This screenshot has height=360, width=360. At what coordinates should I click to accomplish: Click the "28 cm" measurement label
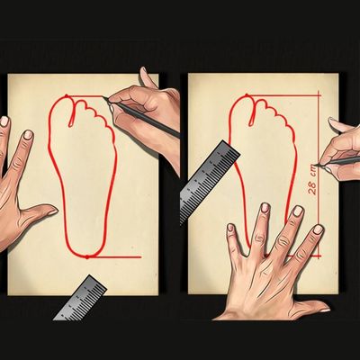pos(312,184)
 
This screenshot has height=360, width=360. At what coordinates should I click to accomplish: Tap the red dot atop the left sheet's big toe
pos(67,96)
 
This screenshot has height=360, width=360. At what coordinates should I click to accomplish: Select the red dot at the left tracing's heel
pos(87,256)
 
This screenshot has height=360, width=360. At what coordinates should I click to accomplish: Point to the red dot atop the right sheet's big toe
pos(247,95)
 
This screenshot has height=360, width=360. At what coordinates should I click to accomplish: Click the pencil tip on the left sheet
pos(103,97)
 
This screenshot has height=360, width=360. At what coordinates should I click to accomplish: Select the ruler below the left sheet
pos(80,298)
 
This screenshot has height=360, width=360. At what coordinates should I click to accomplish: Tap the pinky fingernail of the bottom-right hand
pos(230,228)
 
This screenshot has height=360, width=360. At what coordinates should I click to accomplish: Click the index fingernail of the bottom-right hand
pos(318,229)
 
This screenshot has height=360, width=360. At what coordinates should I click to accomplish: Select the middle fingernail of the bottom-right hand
pos(297,211)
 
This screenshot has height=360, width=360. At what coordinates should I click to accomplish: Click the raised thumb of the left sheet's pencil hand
pos(148,78)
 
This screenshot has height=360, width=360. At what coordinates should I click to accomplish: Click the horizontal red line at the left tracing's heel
pos(114,257)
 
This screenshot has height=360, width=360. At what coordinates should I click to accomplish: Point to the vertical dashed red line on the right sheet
pos(319,176)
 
